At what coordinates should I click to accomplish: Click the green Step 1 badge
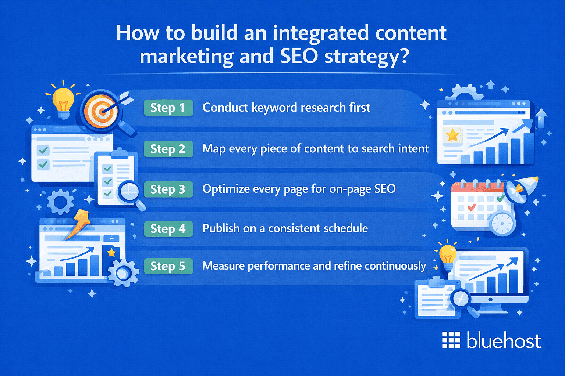pos(168,108)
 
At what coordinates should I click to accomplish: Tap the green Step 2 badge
pos(168,149)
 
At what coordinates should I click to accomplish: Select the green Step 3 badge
pos(168,189)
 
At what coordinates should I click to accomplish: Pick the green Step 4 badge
pos(168,229)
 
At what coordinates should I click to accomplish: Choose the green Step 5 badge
pos(168,266)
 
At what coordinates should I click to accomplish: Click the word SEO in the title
pos(299,56)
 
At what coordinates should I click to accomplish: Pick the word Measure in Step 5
pos(224,266)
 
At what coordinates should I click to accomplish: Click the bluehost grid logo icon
pos(451,340)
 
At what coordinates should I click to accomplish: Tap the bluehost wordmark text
pos(504,340)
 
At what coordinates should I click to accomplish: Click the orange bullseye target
pos(100,111)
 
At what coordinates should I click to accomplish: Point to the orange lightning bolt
pos(78,224)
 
